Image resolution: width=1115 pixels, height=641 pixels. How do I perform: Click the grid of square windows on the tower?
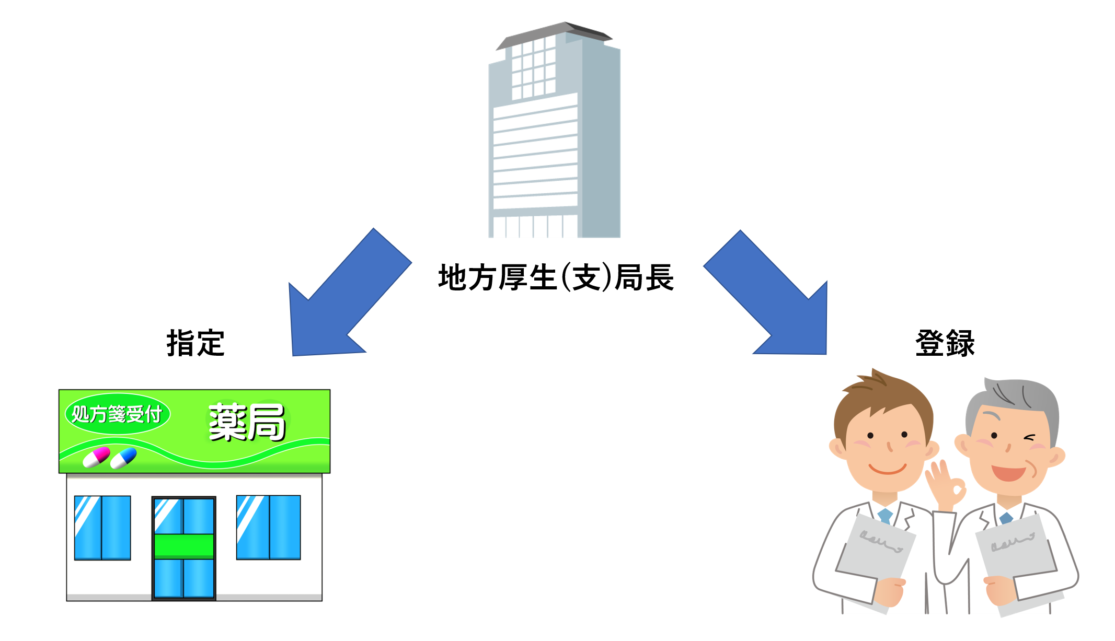point(533,68)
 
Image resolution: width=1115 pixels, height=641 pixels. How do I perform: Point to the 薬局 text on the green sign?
point(247,422)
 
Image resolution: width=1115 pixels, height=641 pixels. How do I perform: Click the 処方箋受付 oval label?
point(117,414)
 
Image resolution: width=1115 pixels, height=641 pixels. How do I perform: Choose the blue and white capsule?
point(124,458)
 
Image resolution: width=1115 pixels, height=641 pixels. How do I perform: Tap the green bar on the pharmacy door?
point(183,546)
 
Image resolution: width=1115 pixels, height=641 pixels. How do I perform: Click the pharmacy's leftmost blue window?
point(102,528)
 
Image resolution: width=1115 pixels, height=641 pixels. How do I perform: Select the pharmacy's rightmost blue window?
point(268,527)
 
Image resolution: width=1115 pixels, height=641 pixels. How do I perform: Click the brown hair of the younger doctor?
point(883,397)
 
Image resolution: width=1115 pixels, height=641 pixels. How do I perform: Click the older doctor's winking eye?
point(1030,437)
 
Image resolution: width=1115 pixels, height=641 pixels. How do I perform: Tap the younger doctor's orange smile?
point(888,469)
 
